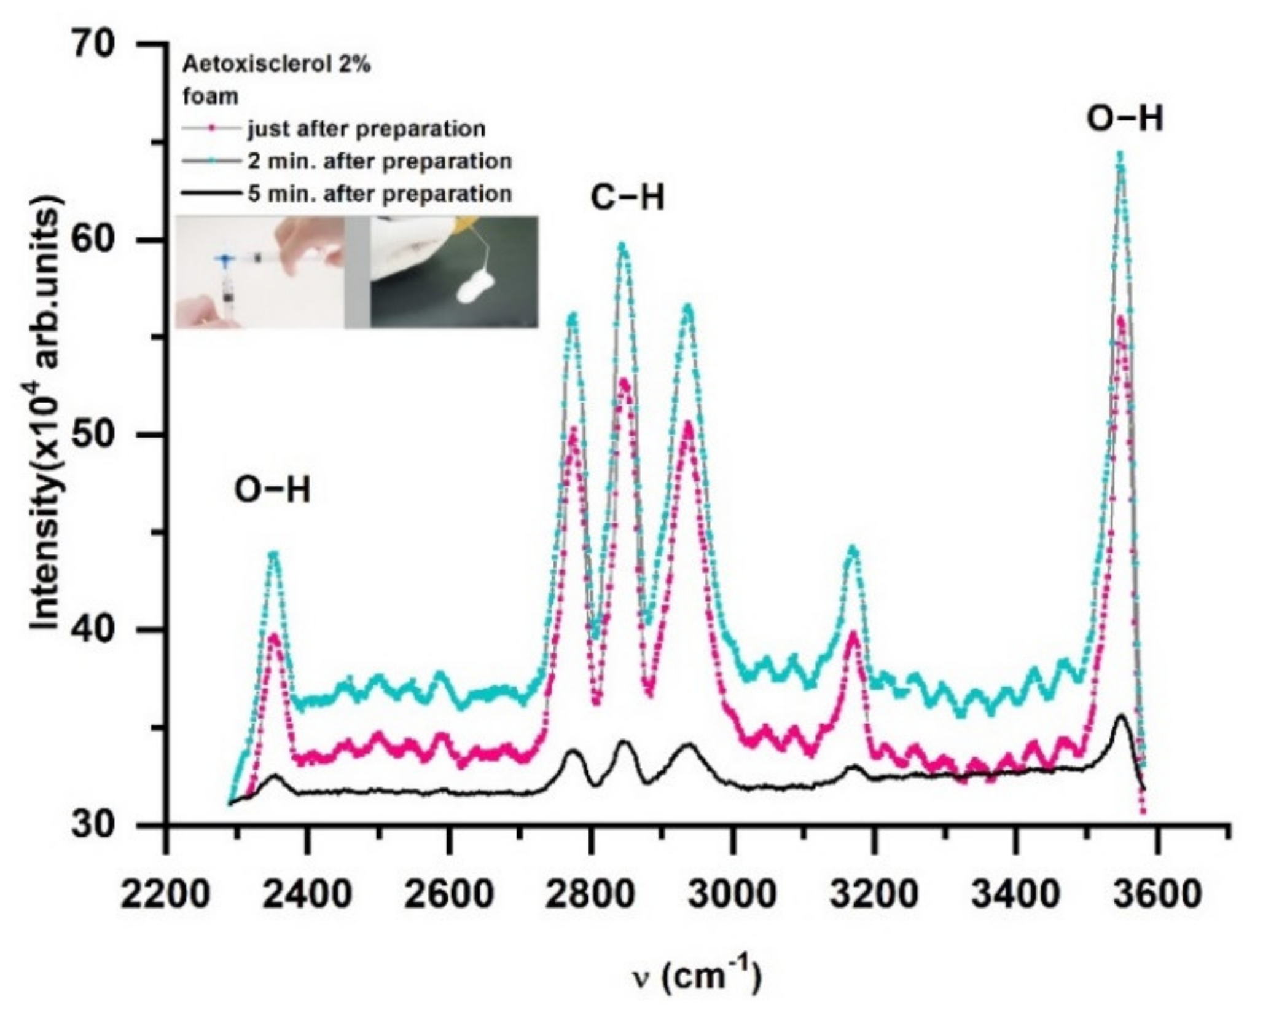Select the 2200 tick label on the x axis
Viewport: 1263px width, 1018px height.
pyautogui.click(x=165, y=894)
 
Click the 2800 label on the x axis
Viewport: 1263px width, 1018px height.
pyautogui.click(x=590, y=894)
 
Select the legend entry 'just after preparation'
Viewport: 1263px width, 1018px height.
pyautogui.click(x=366, y=129)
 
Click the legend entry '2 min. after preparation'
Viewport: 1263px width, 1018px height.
pyautogui.click(x=380, y=162)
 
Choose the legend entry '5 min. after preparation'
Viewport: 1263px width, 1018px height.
pyautogui.click(x=380, y=194)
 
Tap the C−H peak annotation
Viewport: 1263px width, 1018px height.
pyautogui.click(x=628, y=198)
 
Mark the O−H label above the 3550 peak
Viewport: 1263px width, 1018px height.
pyautogui.click(x=1125, y=119)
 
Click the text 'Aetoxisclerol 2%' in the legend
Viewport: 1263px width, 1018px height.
pyautogui.click(x=277, y=65)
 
